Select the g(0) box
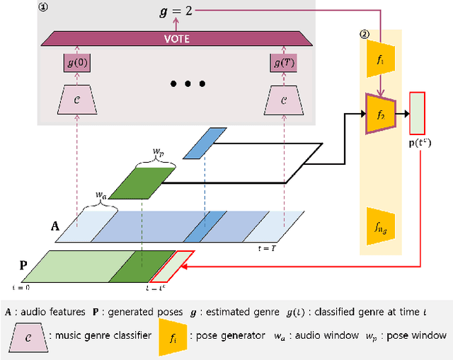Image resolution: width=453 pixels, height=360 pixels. [78, 64]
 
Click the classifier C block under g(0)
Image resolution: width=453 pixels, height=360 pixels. [78, 101]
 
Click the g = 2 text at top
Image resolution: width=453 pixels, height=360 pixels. [171, 12]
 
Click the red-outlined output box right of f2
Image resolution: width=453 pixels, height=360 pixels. [418, 112]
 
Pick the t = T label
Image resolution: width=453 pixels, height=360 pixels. [267, 249]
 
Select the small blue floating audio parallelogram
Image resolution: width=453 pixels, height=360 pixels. [200, 143]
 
